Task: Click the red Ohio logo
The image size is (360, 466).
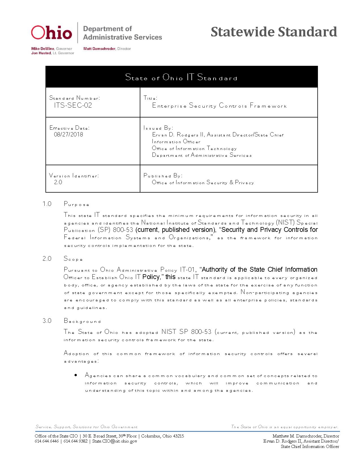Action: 51,32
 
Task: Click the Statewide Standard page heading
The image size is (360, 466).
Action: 274,32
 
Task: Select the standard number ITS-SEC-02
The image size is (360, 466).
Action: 73,105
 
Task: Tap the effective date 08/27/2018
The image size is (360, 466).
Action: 69,134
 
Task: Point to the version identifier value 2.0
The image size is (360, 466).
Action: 58,182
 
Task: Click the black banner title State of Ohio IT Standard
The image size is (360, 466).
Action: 181,77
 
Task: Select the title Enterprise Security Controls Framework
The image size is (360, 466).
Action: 219,106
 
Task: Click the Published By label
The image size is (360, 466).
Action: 163,176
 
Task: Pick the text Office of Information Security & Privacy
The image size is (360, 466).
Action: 203,183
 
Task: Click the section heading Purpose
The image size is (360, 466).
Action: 77,204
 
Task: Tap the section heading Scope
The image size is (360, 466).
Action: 73,259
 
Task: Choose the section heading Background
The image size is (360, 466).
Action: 82,321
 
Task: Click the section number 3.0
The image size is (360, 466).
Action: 47,321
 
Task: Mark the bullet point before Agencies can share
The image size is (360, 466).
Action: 76,375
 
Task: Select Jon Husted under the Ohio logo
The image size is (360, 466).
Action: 41,53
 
